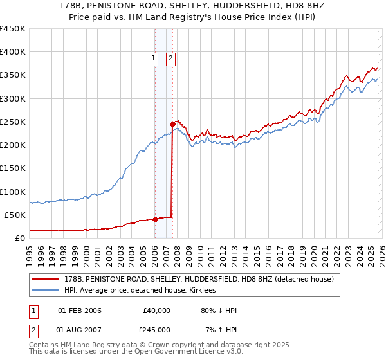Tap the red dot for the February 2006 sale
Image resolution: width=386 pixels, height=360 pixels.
coord(155,219)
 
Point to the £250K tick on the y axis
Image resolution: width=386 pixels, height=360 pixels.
coord(12,122)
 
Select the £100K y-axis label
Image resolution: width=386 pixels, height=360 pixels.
coord(12,192)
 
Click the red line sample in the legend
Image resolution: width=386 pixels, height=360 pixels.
coord(46,280)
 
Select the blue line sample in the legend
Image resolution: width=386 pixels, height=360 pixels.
coord(46,290)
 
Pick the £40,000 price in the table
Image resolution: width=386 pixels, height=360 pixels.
coord(156,310)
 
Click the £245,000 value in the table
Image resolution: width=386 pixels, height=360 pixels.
coord(156,330)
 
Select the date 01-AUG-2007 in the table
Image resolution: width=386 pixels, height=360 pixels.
coord(79,330)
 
